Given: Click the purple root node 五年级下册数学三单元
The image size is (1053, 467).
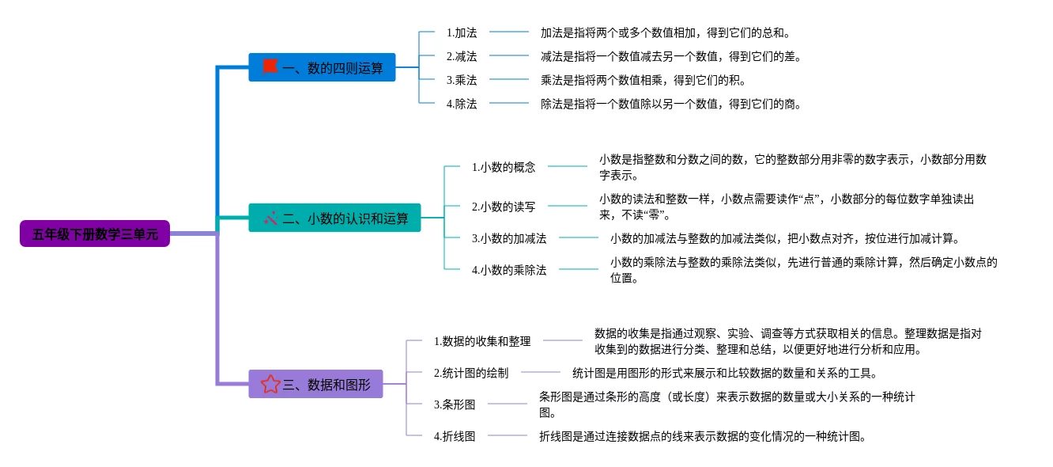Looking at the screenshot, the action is [x=95, y=233].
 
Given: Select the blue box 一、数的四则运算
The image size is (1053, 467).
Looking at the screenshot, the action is [x=322, y=67].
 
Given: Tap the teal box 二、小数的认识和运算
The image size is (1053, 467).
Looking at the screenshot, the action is [x=334, y=218].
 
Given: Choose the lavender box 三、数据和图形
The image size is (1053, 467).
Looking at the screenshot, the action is [x=315, y=384].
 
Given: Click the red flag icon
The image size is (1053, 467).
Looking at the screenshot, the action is [x=270, y=66].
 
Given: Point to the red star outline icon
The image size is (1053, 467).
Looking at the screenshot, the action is [x=270, y=384].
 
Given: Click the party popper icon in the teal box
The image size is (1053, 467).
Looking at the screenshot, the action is [x=271, y=218].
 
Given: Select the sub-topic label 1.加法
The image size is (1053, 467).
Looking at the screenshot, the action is [x=462, y=32].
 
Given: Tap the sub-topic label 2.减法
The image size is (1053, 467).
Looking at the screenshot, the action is [x=462, y=56].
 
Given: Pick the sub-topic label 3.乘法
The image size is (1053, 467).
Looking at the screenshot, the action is [x=462, y=80].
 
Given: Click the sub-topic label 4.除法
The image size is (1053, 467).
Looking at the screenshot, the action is [x=462, y=104].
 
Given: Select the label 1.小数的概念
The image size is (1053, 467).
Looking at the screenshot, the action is [x=504, y=167].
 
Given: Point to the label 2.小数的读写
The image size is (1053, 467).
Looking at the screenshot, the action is [x=504, y=207].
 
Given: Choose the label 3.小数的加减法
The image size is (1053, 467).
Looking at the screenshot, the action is [x=509, y=238].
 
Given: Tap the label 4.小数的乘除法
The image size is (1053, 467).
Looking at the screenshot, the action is [x=509, y=270].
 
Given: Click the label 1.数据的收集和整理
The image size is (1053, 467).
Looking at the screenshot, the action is [x=482, y=341].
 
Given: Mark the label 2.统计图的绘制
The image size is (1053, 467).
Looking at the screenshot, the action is [x=471, y=373].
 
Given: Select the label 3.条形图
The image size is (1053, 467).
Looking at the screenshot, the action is [x=455, y=404].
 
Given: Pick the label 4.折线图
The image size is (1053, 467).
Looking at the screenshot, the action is [x=455, y=436].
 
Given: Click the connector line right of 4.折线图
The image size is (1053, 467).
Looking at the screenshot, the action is [x=508, y=435].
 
